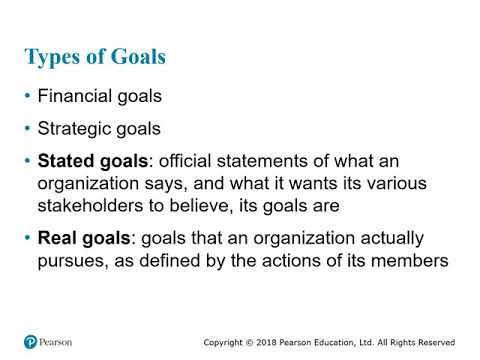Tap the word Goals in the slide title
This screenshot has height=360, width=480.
135,56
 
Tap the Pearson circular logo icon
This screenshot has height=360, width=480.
30,341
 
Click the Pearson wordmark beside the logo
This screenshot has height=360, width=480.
58,342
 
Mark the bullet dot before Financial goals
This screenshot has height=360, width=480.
27,97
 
